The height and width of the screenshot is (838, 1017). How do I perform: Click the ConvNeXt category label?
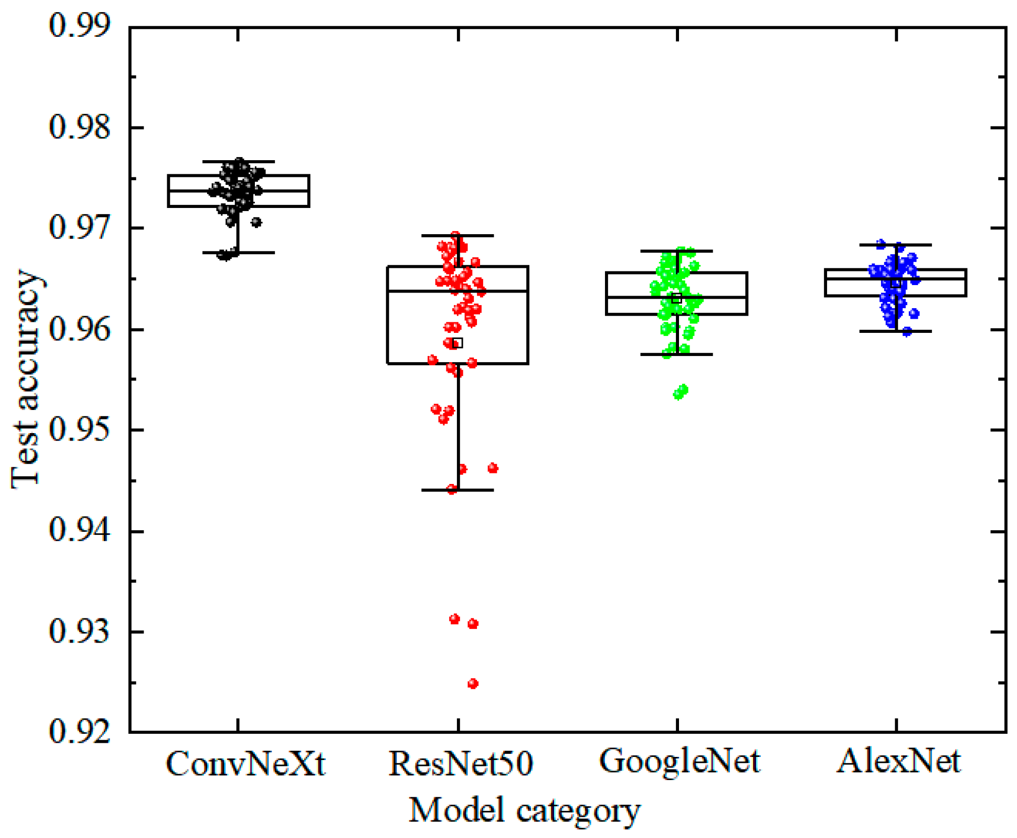click(245, 763)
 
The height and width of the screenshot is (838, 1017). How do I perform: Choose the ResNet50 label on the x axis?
click(460, 763)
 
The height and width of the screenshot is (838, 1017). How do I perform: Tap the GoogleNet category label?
click(679, 761)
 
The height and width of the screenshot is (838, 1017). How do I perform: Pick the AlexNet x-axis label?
click(898, 761)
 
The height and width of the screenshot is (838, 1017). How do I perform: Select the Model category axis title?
click(524, 811)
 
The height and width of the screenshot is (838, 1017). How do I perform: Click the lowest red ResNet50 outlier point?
click(472, 683)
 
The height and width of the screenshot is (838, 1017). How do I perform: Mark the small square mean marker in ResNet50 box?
click(457, 343)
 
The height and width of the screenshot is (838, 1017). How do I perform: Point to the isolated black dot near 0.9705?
click(256, 222)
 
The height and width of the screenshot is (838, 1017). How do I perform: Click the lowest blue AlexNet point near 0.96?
click(906, 331)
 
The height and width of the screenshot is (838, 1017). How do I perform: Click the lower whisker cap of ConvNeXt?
click(238, 252)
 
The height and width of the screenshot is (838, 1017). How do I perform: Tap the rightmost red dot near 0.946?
click(493, 468)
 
